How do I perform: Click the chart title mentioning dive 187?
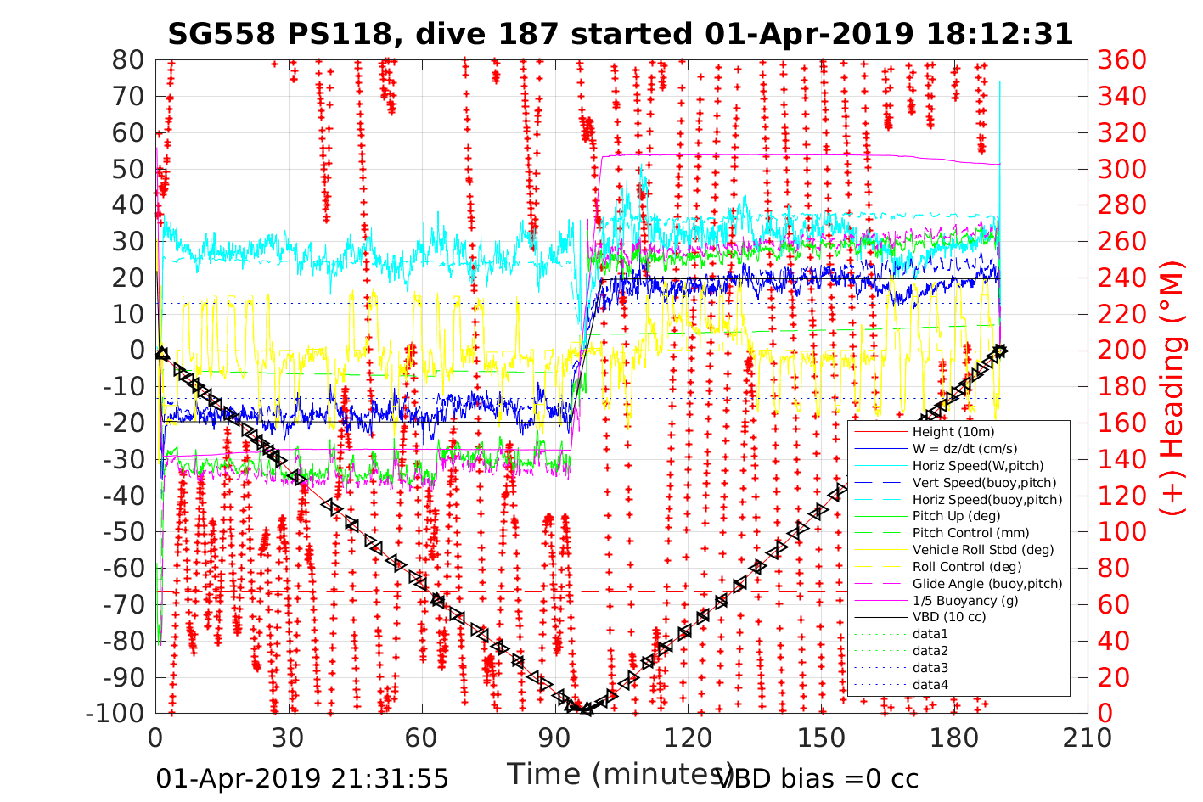point(621,34)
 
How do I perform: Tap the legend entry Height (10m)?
point(953,432)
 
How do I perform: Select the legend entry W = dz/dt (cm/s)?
point(964,449)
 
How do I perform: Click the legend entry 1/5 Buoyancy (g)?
point(965,600)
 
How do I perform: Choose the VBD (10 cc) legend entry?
point(949,617)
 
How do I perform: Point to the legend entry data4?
point(930,684)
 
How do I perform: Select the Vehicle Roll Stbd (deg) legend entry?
point(983,549)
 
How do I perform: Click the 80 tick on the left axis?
point(128,60)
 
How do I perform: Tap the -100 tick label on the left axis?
point(116,713)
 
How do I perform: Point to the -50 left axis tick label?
point(124,532)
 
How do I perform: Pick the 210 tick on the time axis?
point(1088,738)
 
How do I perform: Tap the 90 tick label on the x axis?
point(554,738)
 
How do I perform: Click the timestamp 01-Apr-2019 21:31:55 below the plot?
point(302,778)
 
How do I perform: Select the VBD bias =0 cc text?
point(818,778)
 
